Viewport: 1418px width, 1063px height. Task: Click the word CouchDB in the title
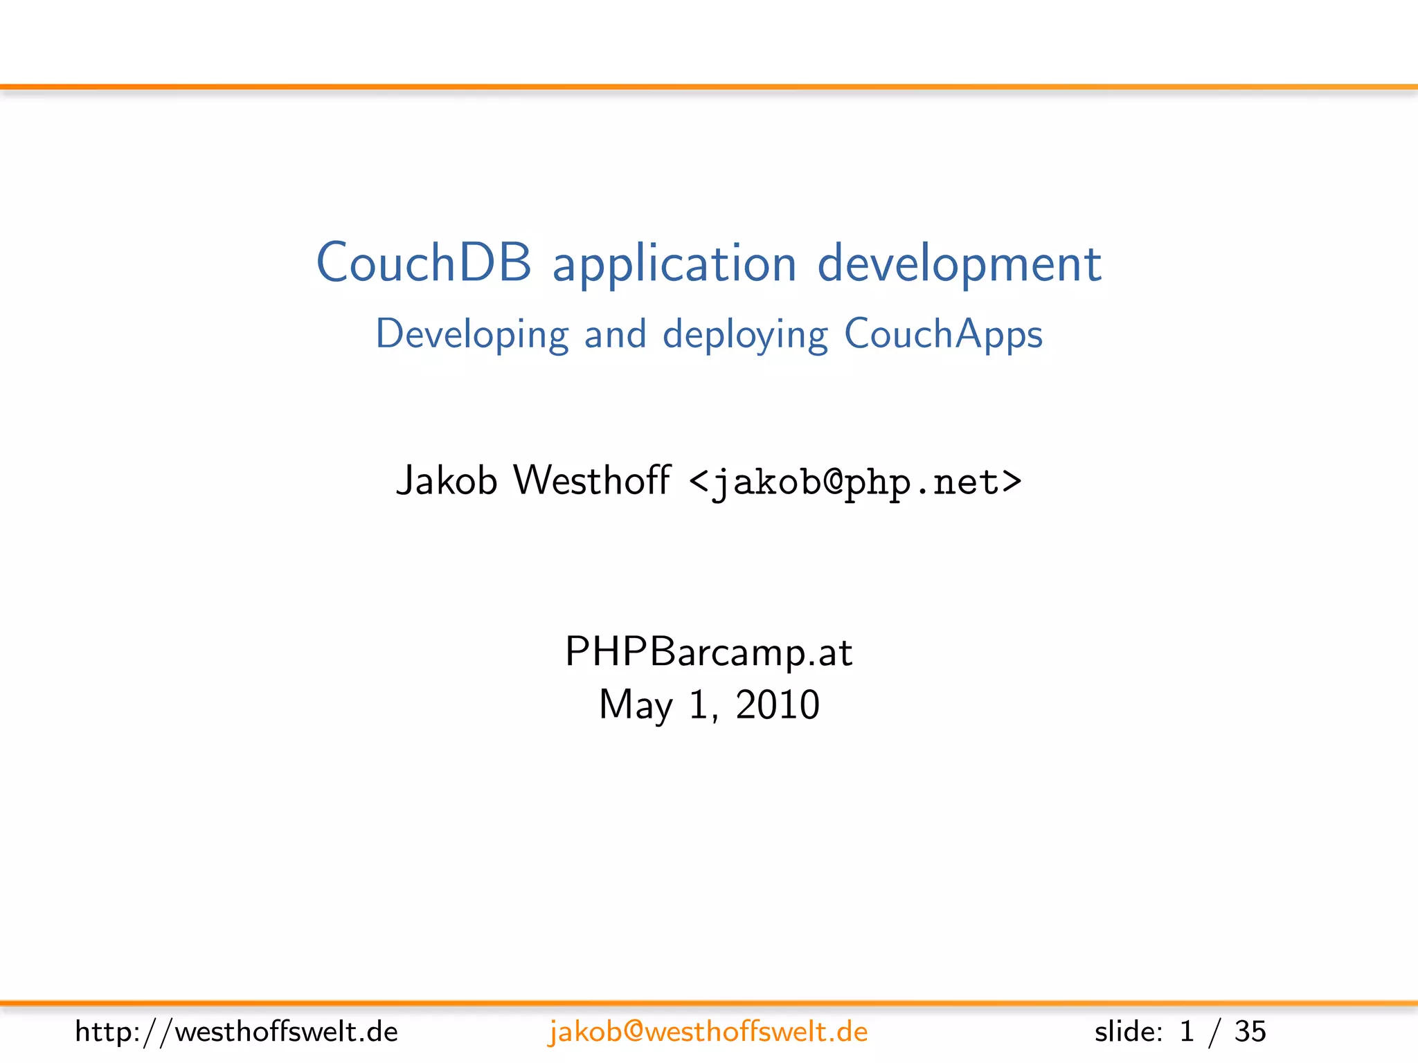click(424, 264)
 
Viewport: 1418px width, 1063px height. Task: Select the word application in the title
click(674, 265)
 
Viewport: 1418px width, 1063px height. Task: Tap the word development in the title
click(959, 265)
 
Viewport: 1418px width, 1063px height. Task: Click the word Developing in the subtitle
click(472, 335)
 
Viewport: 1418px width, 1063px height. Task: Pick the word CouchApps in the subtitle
click(943, 335)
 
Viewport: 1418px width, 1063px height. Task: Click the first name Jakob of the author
click(447, 480)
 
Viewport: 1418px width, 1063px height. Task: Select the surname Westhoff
click(591, 480)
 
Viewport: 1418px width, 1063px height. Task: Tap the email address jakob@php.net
click(856, 482)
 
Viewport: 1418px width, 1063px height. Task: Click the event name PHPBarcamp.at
click(708, 652)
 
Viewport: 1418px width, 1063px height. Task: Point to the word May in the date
click(636, 705)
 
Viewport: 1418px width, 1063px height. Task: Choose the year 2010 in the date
click(777, 705)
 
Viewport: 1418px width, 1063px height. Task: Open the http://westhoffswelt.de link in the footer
click(237, 1032)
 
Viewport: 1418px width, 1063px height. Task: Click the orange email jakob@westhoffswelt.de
click(708, 1032)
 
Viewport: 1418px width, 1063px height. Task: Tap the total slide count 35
click(1250, 1032)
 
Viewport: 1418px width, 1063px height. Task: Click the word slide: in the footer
click(1129, 1032)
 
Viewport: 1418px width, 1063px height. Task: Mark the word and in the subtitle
click(615, 335)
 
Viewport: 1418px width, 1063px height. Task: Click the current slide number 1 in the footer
click(1187, 1032)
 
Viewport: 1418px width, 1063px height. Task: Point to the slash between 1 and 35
click(1214, 1032)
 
